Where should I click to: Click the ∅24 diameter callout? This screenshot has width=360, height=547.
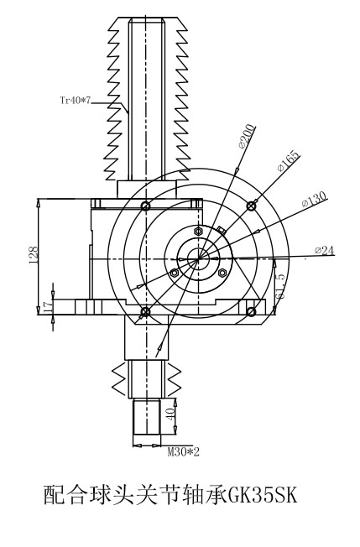pos(325,250)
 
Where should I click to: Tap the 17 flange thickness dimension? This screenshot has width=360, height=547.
pos(48,306)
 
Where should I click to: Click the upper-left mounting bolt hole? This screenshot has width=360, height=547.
pos(146,206)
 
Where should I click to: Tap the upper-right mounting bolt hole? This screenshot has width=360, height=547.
pos(251,206)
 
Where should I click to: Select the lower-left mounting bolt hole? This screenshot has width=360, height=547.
pos(146,311)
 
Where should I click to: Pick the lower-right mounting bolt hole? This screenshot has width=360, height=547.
pos(251,311)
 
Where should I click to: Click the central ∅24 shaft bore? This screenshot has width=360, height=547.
pos(198,259)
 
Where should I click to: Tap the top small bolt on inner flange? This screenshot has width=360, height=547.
pos(198,231)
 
